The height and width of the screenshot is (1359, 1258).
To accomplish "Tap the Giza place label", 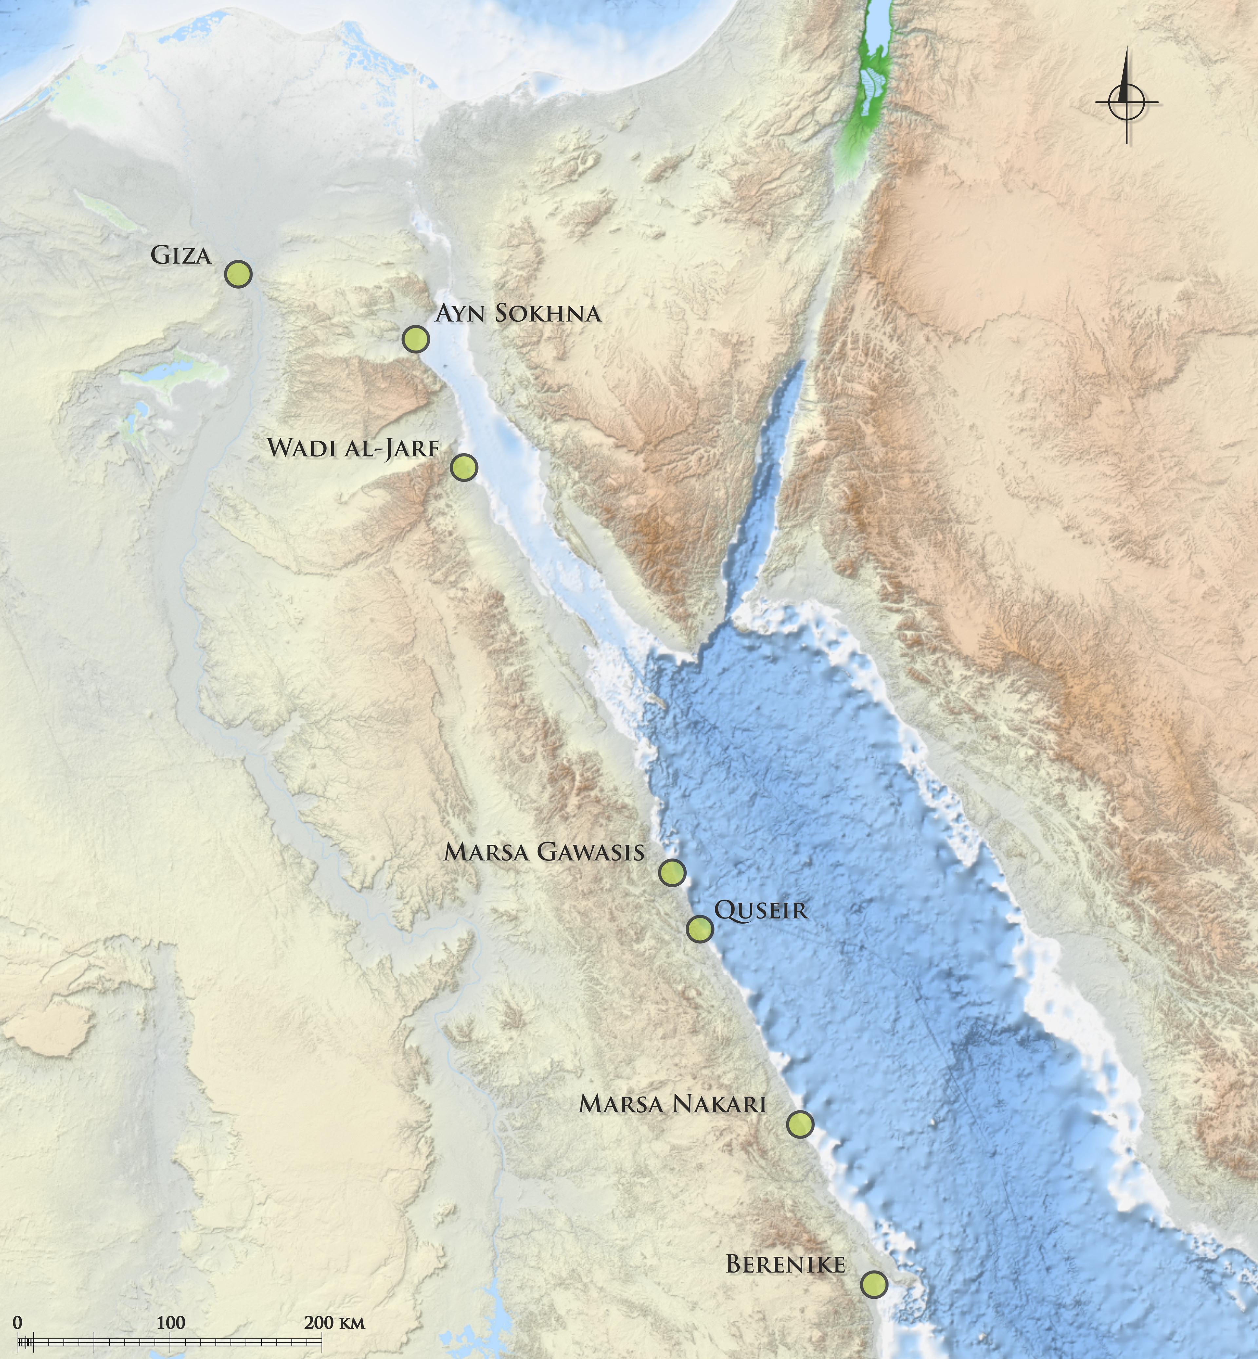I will [x=181, y=256].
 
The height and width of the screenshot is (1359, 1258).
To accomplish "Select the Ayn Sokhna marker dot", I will [x=415, y=338].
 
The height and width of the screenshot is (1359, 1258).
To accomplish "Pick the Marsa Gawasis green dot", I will [x=672, y=873].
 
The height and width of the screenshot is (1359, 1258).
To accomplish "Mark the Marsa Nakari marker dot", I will [x=800, y=1124].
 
